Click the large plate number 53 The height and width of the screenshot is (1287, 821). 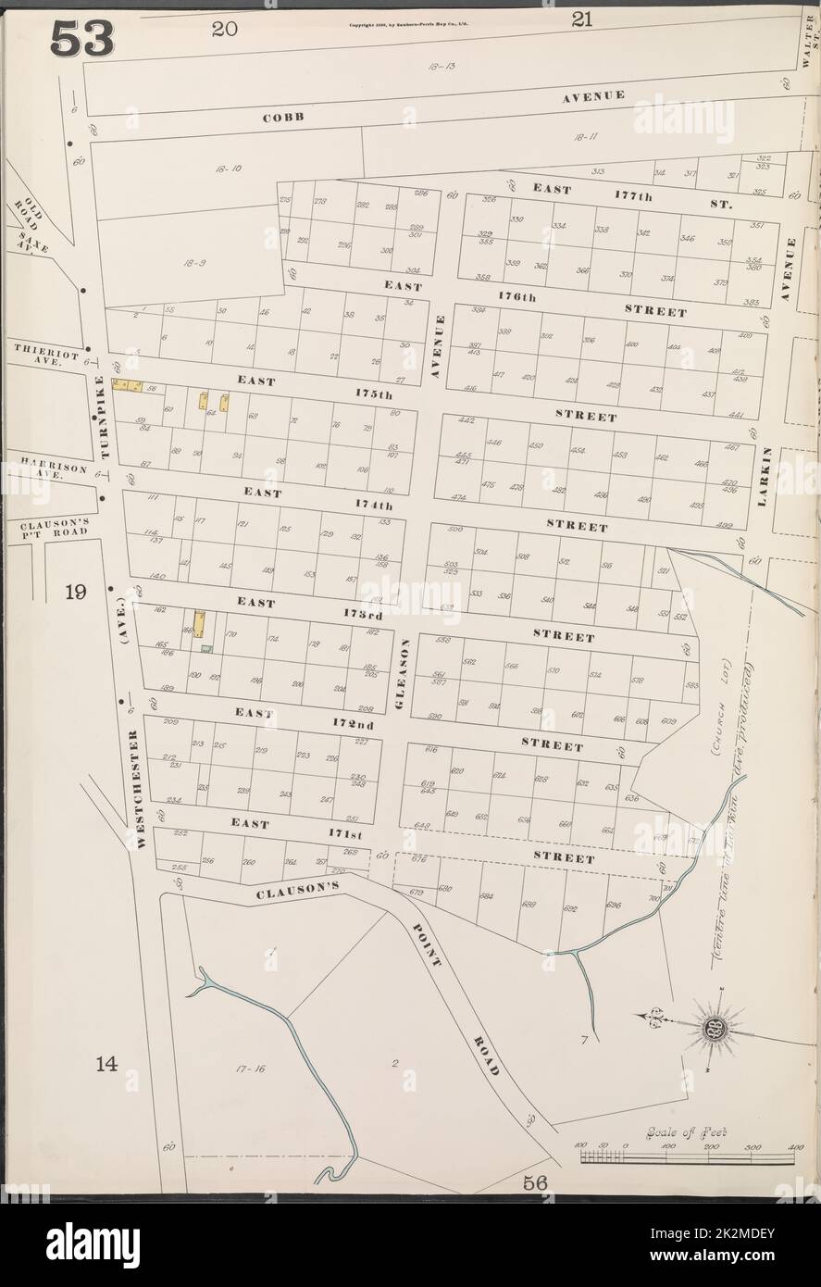82,38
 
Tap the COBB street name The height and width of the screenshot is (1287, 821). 283,119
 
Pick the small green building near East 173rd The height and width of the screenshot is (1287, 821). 208,648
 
